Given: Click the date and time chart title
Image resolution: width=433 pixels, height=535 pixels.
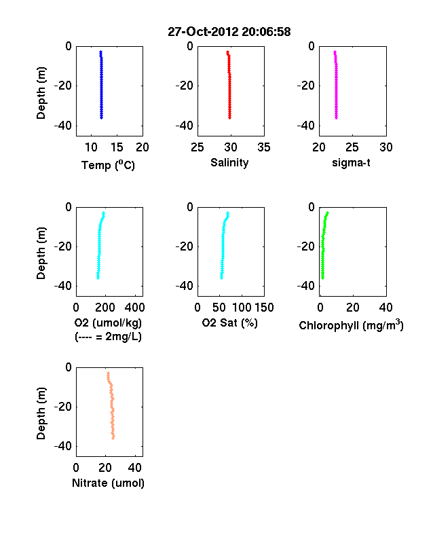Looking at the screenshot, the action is click(229, 32).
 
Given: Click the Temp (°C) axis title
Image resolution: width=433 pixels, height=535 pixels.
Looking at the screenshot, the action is click(108, 165).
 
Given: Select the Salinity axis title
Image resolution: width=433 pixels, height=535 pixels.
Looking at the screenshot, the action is click(229, 163).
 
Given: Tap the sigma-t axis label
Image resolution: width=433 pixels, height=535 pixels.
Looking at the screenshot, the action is click(351, 163).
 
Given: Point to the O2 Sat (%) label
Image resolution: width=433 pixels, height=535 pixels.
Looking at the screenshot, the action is click(230, 322).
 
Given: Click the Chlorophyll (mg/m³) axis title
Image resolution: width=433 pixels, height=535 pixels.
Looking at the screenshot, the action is click(351, 325).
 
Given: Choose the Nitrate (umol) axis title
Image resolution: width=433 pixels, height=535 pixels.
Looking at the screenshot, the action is click(108, 483).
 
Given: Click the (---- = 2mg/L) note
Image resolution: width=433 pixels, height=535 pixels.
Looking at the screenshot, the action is click(108, 337).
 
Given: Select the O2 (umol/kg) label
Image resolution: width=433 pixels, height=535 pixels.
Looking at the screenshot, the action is click(108, 322).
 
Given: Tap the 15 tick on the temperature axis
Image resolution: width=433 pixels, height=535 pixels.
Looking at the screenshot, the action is click(117, 147).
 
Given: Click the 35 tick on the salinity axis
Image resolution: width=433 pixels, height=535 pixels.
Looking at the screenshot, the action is click(264, 147).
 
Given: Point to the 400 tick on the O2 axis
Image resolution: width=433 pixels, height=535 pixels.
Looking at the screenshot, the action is click(134, 308).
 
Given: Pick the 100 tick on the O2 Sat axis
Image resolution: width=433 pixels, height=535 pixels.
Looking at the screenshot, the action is click(242, 308).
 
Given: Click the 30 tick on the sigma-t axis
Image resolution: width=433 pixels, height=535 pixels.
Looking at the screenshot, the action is click(386, 147).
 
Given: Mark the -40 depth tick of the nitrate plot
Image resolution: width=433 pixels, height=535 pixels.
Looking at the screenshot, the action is click(63, 446).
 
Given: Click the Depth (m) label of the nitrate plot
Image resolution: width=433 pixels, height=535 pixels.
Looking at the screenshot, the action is click(41, 413).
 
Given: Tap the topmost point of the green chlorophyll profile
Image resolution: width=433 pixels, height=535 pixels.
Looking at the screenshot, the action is click(327, 213).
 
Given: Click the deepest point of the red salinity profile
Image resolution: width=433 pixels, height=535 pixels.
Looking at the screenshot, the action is click(230, 117).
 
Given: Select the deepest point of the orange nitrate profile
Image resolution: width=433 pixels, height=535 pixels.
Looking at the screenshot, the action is click(113, 437).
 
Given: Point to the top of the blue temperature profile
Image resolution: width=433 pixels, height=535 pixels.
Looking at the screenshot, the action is click(100, 52).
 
